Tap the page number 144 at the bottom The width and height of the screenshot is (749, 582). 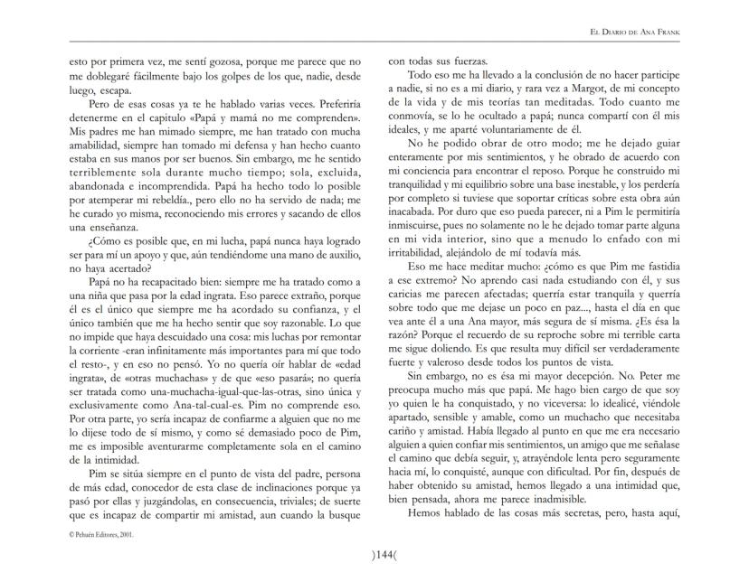click(x=374, y=554)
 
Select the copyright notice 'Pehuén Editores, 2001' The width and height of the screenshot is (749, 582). click(x=101, y=534)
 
